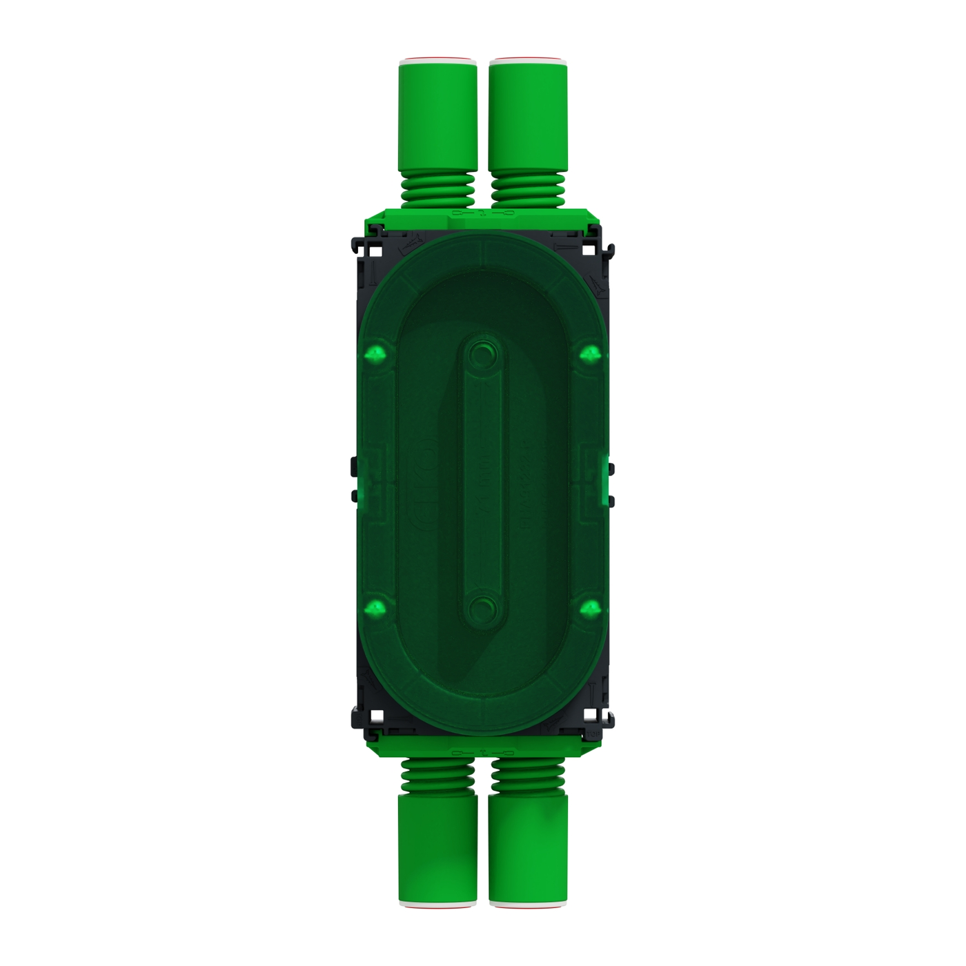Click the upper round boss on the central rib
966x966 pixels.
point(482,355)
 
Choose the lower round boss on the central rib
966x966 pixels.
point(482,609)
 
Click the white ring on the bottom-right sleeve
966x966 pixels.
point(529,902)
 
